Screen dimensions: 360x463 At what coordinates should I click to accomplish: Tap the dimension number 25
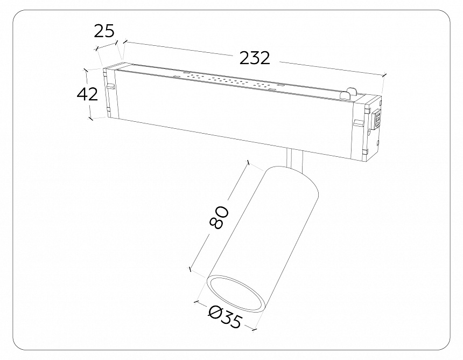coord(104,31)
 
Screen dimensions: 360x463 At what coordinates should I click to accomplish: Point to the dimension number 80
coord(220,217)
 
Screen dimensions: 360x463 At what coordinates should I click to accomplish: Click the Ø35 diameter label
coord(225,318)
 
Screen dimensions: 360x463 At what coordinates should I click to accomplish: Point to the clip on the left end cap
coord(110,86)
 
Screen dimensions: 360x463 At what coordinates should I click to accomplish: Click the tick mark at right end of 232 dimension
coord(384,76)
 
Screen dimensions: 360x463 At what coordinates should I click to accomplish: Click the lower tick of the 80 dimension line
coord(190,268)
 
